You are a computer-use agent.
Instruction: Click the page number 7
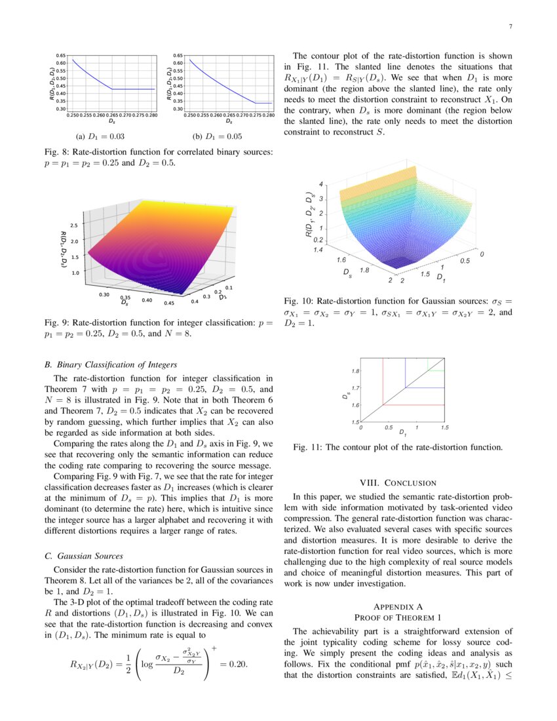pyautogui.click(x=510, y=27)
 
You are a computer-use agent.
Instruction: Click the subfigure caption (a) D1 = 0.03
pyautogui.click(x=100, y=136)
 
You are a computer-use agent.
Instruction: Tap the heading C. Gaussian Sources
pyautogui.click(x=82, y=556)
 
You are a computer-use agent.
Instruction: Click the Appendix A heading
pyautogui.click(x=398, y=606)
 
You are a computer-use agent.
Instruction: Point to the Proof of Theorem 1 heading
pyautogui.click(x=398, y=617)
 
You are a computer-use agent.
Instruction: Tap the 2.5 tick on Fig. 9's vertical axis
pyautogui.click(x=73, y=225)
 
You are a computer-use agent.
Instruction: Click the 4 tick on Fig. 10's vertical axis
pyautogui.click(x=320, y=184)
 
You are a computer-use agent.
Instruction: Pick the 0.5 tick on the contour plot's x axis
pyautogui.click(x=389, y=427)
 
